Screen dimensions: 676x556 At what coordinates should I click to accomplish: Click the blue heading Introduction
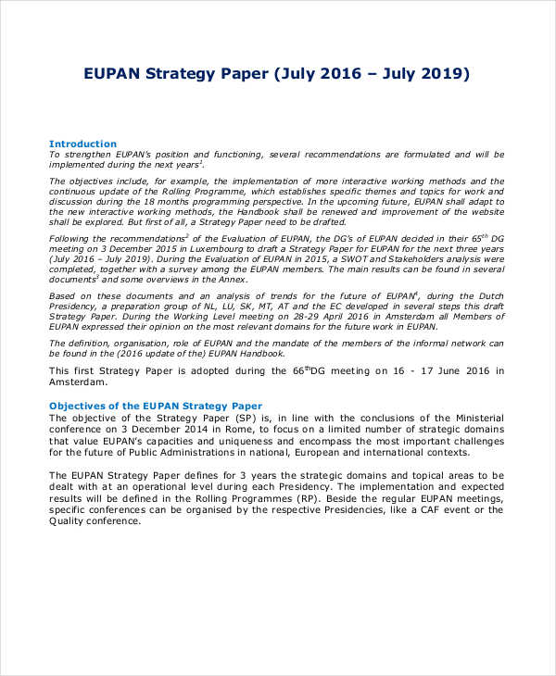(x=82, y=144)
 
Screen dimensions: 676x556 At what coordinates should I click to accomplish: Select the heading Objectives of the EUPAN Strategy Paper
(x=155, y=406)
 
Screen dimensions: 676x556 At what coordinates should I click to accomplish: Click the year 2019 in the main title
(x=440, y=73)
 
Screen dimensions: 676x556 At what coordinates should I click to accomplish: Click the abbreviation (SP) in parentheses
(x=228, y=418)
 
